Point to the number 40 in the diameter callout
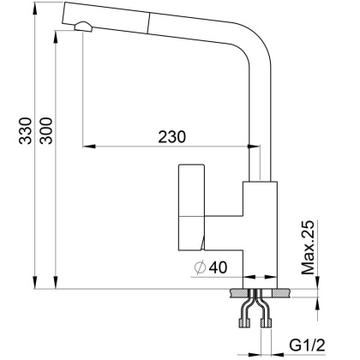click(x=217, y=267)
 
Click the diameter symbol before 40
click(x=199, y=267)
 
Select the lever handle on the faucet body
click(x=190, y=206)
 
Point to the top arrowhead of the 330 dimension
click(x=35, y=9)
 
